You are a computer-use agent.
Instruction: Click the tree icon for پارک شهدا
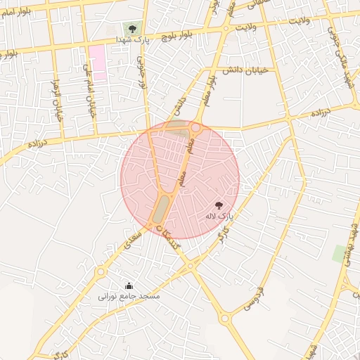[x=131, y=28]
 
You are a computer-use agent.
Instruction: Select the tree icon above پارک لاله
[x=219, y=205]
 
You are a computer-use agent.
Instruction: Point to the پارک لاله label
[x=218, y=217]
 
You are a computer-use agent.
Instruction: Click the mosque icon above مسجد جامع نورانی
[x=129, y=285]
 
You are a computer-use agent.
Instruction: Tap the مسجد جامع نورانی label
[x=129, y=297]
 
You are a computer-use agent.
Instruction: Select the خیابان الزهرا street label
[x=58, y=101]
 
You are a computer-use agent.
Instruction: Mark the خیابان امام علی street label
[x=89, y=89]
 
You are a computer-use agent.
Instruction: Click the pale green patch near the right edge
[x=340, y=253]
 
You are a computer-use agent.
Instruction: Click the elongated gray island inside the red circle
[x=162, y=209]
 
